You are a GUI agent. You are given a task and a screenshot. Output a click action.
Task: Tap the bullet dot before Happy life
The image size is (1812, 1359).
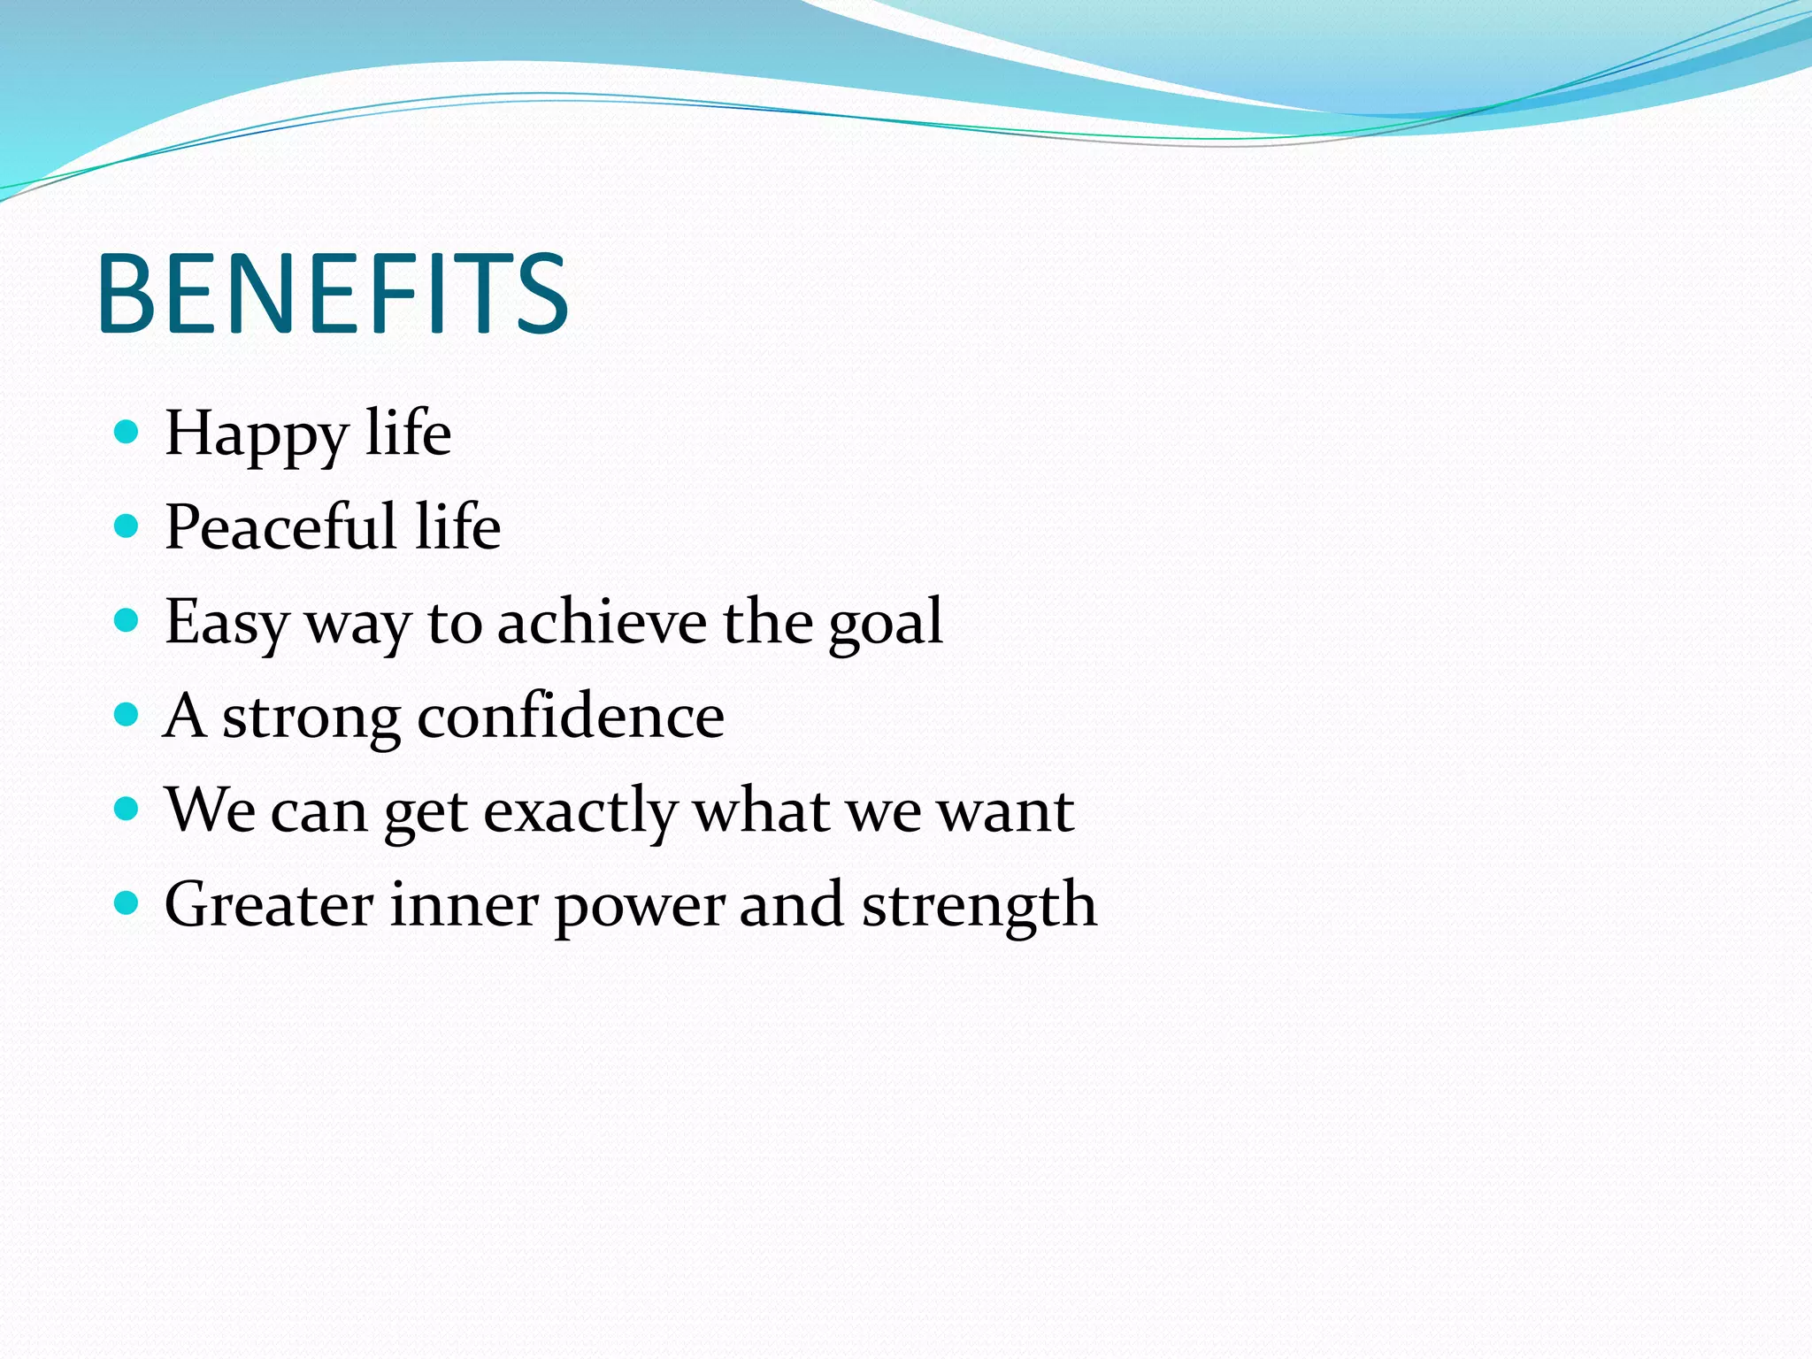(127, 432)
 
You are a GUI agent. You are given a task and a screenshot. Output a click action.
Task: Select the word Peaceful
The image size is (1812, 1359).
(280, 527)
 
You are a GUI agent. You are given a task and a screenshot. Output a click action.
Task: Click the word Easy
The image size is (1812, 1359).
(226, 623)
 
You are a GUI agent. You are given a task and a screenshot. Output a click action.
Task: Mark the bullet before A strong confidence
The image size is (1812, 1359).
(127, 715)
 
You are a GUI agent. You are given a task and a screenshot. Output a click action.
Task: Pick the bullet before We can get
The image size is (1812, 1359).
(127, 809)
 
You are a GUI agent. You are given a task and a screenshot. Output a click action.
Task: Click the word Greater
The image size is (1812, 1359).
(269, 904)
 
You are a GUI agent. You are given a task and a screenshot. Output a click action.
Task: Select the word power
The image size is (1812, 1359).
(641, 908)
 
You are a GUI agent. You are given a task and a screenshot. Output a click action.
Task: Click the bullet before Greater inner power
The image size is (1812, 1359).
(127, 902)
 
